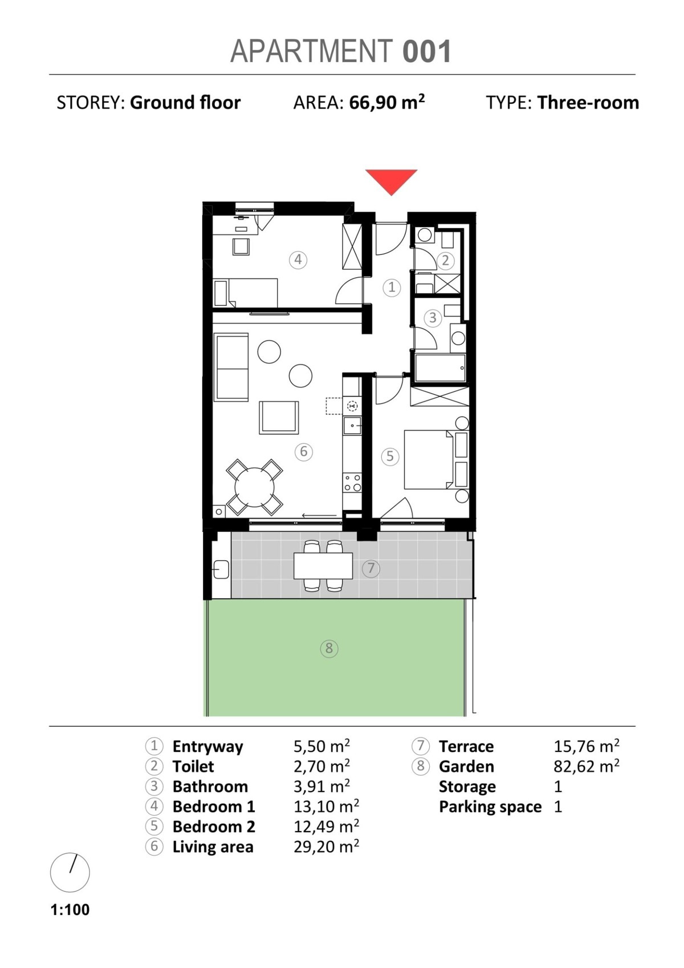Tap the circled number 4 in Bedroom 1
pyautogui.click(x=298, y=260)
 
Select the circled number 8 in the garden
pyautogui.click(x=329, y=648)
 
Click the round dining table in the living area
pyautogui.click(x=254, y=488)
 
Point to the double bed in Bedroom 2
pyautogui.click(x=429, y=459)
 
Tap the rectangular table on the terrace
pyautogui.click(x=323, y=566)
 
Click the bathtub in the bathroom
pyautogui.click(x=440, y=368)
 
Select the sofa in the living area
pyautogui.click(x=231, y=367)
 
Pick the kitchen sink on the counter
pyautogui.click(x=352, y=426)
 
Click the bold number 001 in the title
pyautogui.click(x=426, y=51)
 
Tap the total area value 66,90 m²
pyautogui.click(x=387, y=103)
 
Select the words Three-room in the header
pyautogui.click(x=588, y=103)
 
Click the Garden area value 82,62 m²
pyautogui.click(x=587, y=767)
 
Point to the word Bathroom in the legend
pyautogui.click(x=210, y=787)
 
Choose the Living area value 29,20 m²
pyautogui.click(x=327, y=847)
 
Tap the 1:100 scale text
pyautogui.click(x=70, y=909)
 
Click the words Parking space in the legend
pyautogui.click(x=490, y=807)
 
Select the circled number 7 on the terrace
pyautogui.click(x=371, y=568)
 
